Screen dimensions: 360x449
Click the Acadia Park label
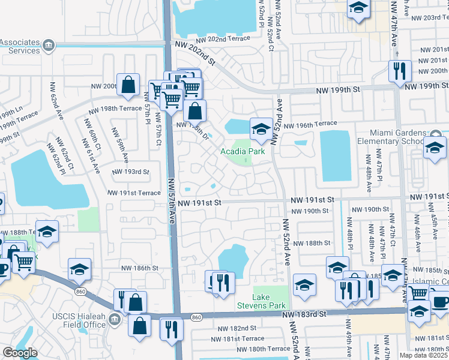pos(243,152)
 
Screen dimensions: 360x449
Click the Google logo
pos(19,353)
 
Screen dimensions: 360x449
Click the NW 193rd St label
pos(131,172)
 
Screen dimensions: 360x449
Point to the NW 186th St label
pos(139,268)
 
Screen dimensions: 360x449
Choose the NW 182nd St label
pos(237,328)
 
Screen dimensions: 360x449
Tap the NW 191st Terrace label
pos(134,193)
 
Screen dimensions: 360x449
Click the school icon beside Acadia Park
pos(261,128)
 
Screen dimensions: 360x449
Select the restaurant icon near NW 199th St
pos(399,71)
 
